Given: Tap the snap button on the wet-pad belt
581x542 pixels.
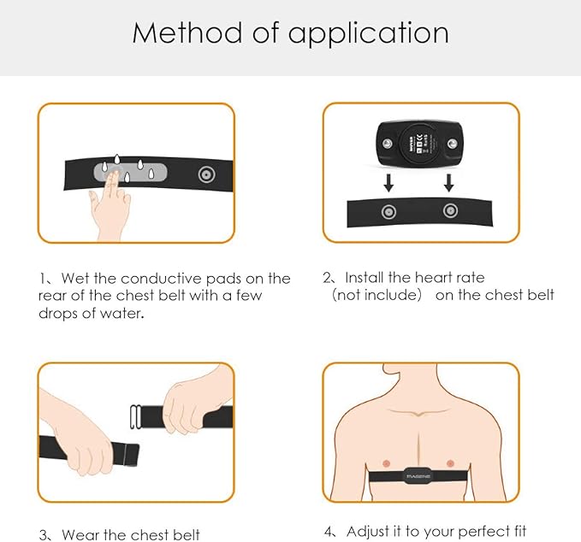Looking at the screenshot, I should pos(205,174).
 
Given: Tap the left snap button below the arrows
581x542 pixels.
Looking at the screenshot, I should pos(388,212).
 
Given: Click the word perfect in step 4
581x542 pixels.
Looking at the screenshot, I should pos(477,531).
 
